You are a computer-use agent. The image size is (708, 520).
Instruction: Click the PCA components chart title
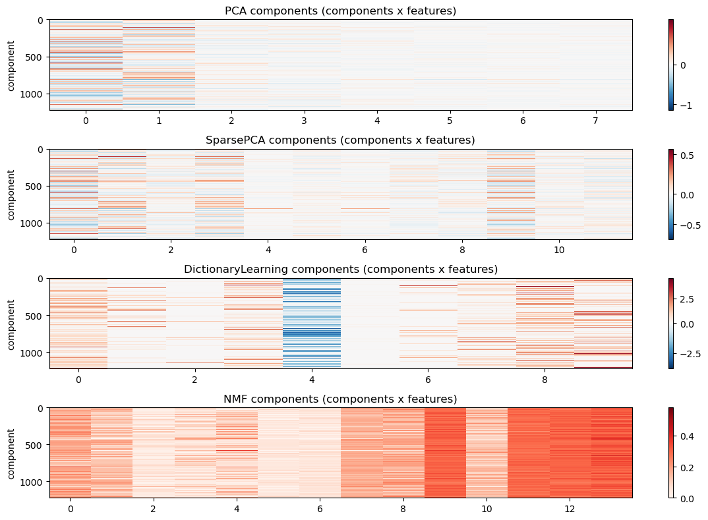tap(340, 11)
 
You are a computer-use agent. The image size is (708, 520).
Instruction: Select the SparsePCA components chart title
tap(340, 140)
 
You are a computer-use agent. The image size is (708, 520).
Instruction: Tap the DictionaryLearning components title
tap(340, 269)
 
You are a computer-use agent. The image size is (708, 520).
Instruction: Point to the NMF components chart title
tap(340, 399)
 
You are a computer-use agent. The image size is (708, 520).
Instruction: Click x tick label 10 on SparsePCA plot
tap(560, 250)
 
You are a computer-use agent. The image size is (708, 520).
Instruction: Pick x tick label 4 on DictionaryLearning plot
tap(312, 380)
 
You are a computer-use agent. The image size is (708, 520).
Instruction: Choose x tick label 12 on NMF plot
tap(570, 509)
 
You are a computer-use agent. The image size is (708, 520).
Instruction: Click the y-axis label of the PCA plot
tap(11, 65)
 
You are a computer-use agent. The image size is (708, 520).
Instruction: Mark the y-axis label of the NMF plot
tap(11, 453)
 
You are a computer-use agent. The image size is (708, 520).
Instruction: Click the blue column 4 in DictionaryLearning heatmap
tap(312, 323)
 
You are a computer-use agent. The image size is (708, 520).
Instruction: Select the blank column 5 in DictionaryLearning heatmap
tap(370, 323)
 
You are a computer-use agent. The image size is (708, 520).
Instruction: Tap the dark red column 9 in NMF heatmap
tap(445, 453)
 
